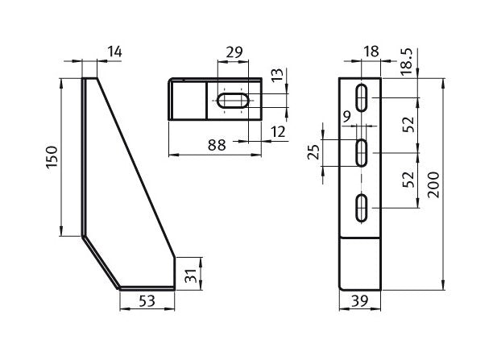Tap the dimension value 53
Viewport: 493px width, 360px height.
click(147, 302)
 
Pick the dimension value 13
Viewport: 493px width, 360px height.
click(278, 77)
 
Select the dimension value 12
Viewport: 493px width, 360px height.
click(279, 130)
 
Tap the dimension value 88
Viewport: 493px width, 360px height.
click(215, 145)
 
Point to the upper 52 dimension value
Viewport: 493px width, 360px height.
click(408, 124)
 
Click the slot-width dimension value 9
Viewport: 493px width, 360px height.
click(346, 117)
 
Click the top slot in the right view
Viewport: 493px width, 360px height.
click(362, 97)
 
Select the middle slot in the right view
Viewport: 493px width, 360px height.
click(362, 151)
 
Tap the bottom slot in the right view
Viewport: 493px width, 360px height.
click(362, 206)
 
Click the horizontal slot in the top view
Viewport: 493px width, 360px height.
click(235, 102)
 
